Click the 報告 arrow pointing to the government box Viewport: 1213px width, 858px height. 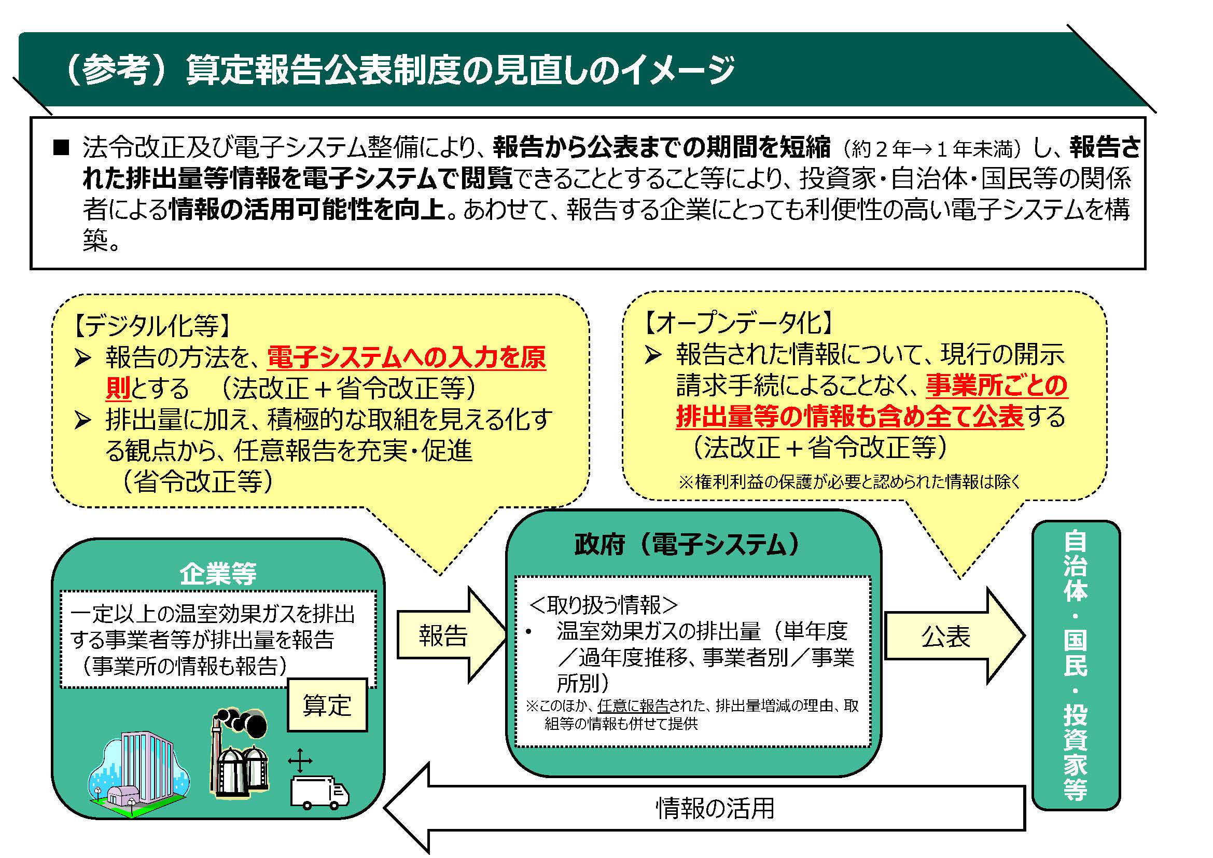pos(444,635)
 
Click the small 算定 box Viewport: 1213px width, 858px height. pos(327,705)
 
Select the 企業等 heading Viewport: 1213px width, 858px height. pos(218,574)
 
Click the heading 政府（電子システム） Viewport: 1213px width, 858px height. pos(687,544)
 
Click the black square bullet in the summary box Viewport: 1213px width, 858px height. pos(61,148)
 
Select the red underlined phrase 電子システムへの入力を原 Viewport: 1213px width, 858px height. pos(406,358)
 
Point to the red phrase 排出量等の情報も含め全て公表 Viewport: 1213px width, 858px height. pos(849,417)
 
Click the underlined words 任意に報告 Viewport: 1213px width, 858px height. pos(633,706)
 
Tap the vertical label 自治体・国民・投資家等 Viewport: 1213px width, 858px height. pos(1075,666)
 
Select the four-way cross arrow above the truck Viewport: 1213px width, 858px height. pos(300,761)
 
